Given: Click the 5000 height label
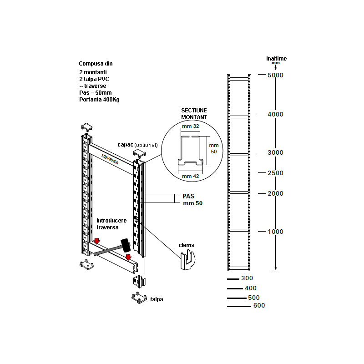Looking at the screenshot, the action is [x=275, y=75].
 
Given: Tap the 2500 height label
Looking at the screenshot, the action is [x=275, y=173].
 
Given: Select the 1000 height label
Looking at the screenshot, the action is [x=275, y=232].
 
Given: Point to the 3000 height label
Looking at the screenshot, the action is [x=275, y=152].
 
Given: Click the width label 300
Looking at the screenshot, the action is [x=247, y=278].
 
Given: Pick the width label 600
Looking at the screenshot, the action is [x=259, y=305].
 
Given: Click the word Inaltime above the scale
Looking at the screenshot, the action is [x=277, y=59].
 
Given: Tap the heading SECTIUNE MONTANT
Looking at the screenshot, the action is [x=194, y=114].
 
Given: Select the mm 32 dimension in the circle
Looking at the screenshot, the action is [x=191, y=126].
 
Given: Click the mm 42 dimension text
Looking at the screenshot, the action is [x=191, y=176].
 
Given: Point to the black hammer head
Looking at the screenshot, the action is [x=126, y=245].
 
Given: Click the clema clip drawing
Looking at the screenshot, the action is [x=188, y=260].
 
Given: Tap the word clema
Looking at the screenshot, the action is [x=187, y=245].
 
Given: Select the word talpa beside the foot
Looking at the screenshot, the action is [x=157, y=299].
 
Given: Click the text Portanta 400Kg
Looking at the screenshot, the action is [x=99, y=100].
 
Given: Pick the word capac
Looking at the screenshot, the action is [x=126, y=145].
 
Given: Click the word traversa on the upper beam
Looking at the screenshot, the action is [x=110, y=159].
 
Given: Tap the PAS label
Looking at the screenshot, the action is [x=188, y=196].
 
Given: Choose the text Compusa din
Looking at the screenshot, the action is [x=96, y=64].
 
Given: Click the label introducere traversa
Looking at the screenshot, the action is [x=111, y=224].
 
